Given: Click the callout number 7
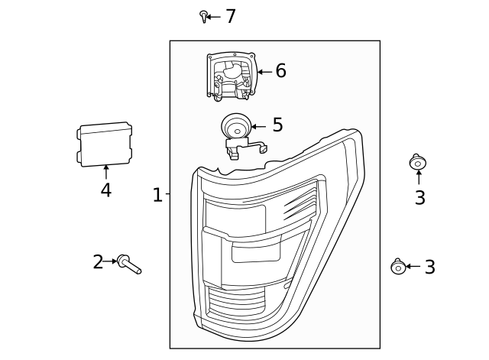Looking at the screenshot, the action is [230, 16].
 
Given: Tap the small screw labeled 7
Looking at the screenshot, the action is [203, 16].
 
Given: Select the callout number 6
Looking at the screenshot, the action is [280, 71].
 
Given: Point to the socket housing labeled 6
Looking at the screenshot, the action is [232, 76].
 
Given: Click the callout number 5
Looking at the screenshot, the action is [277, 125].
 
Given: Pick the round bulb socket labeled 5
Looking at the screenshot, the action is [236, 126].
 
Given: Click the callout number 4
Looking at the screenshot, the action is [106, 190].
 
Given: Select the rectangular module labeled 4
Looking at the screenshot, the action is [104, 144].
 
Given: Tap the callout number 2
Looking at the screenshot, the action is [98, 262].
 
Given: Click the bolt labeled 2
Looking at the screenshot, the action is [129, 264].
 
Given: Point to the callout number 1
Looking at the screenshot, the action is [157, 195].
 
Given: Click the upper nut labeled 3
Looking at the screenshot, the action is [418, 162].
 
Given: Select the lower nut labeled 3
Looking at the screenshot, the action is [398, 267].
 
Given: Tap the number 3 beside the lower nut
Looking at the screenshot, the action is [429, 268].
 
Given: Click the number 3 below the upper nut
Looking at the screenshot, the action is [419, 197].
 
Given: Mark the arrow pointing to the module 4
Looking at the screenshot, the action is [106, 172].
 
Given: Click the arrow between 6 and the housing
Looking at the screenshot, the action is [265, 72].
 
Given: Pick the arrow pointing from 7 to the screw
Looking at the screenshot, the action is [213, 17].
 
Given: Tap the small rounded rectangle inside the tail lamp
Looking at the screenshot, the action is [255, 253].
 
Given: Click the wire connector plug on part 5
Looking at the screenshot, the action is [264, 149].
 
